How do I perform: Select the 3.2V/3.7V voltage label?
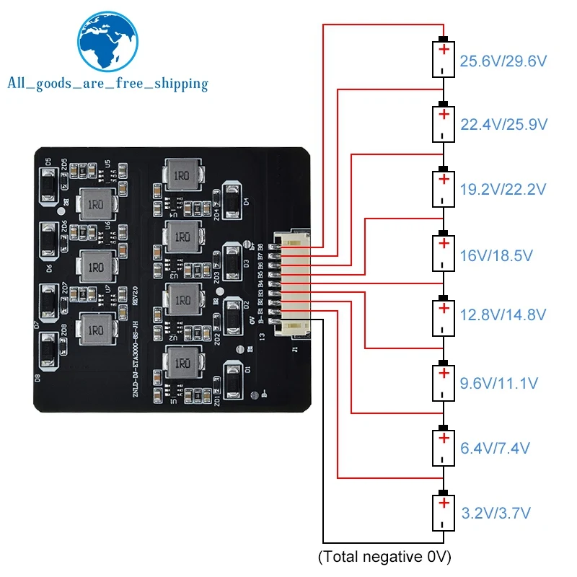[495, 514]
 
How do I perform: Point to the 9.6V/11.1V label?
[498, 382]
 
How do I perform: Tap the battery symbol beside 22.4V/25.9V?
[444, 123]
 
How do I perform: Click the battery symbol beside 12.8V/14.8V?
[444, 315]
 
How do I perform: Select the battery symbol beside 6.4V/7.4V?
[444, 447]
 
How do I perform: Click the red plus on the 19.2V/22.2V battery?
[444, 180]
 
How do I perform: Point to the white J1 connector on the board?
[294, 284]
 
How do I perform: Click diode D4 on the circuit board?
[234, 200]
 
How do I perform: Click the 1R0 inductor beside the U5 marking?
[94, 203]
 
